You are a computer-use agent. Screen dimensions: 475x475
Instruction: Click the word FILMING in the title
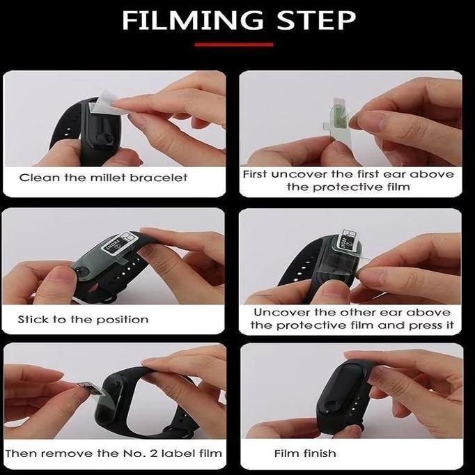pos(193,20)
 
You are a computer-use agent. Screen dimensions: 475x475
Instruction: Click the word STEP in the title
pos(316,20)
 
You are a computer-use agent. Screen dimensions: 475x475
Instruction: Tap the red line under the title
pos(234,45)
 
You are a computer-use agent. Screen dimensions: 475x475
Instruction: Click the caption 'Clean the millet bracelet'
pos(103,178)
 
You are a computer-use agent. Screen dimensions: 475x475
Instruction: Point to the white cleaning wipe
pos(104,102)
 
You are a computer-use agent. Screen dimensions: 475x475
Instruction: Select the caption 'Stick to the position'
pos(83,320)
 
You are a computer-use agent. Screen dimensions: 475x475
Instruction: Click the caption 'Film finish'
pos(305,453)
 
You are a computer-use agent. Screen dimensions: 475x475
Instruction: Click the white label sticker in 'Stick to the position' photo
pos(120,243)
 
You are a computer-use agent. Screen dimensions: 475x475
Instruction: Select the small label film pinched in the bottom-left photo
pos(89,388)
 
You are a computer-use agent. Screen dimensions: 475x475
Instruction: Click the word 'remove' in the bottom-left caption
pos(68,453)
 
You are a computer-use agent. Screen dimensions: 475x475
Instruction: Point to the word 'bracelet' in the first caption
pos(158,178)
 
